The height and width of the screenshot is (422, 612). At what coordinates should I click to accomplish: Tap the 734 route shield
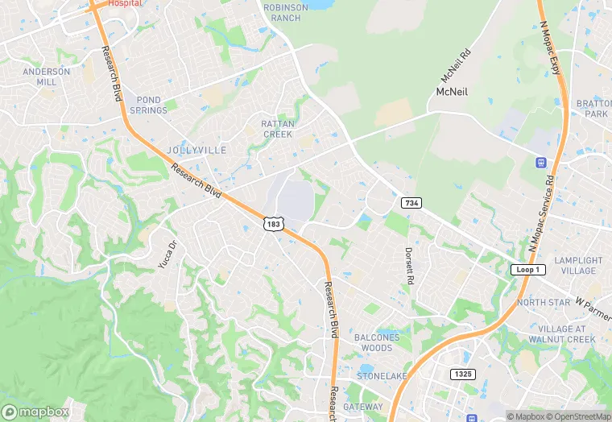411,202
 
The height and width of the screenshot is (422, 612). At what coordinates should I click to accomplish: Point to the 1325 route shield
463,374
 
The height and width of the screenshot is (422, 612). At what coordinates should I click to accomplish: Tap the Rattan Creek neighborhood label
278,129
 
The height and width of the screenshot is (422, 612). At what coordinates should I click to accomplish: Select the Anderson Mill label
46,77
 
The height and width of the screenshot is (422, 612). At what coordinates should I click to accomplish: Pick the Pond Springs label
147,105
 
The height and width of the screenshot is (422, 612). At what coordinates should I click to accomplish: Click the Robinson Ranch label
286,13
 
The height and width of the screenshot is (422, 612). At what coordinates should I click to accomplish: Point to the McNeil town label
452,93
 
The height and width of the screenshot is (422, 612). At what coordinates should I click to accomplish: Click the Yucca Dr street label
167,255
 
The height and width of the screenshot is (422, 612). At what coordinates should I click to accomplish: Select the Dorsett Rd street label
409,267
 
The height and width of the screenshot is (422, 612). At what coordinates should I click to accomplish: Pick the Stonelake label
382,376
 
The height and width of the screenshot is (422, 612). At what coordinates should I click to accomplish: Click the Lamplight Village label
579,266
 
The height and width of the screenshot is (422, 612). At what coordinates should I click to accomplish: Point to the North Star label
544,302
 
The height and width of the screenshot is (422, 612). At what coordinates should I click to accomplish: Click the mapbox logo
35,411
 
